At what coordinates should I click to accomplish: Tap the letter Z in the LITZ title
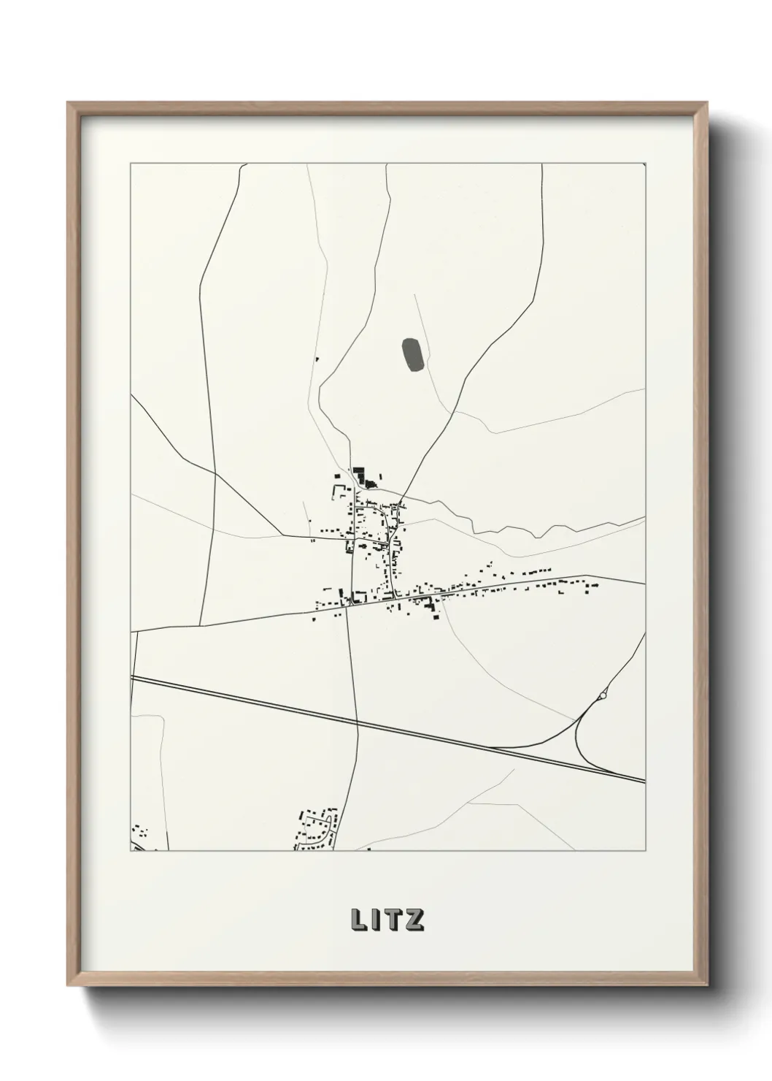414,920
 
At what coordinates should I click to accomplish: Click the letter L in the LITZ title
358,920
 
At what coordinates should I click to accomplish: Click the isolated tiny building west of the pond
317,359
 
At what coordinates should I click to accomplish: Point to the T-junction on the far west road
215,473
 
